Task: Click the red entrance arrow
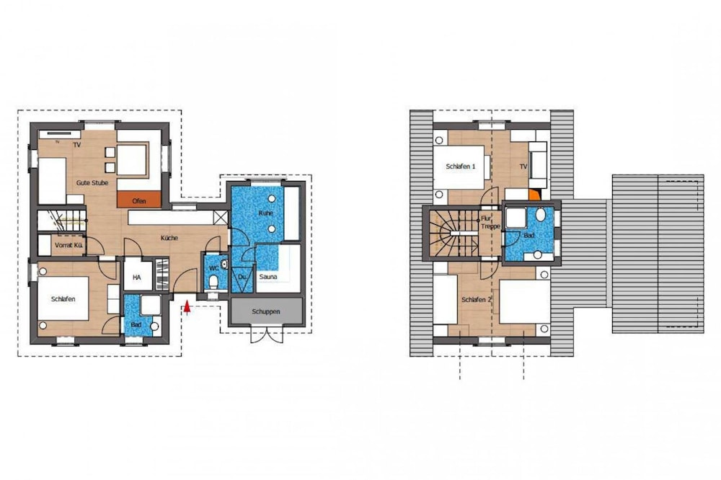(x=187, y=307)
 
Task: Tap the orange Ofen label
(x=139, y=201)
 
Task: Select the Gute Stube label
(x=92, y=183)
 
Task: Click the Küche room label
(x=169, y=238)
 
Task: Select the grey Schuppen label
(x=265, y=311)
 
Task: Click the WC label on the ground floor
(x=213, y=268)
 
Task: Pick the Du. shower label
(x=243, y=276)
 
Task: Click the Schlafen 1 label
(x=461, y=166)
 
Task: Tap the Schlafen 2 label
(x=477, y=299)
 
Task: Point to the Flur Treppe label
(x=490, y=221)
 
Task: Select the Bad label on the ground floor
(x=136, y=324)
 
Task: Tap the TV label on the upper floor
(x=523, y=166)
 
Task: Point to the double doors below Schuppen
(x=266, y=334)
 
